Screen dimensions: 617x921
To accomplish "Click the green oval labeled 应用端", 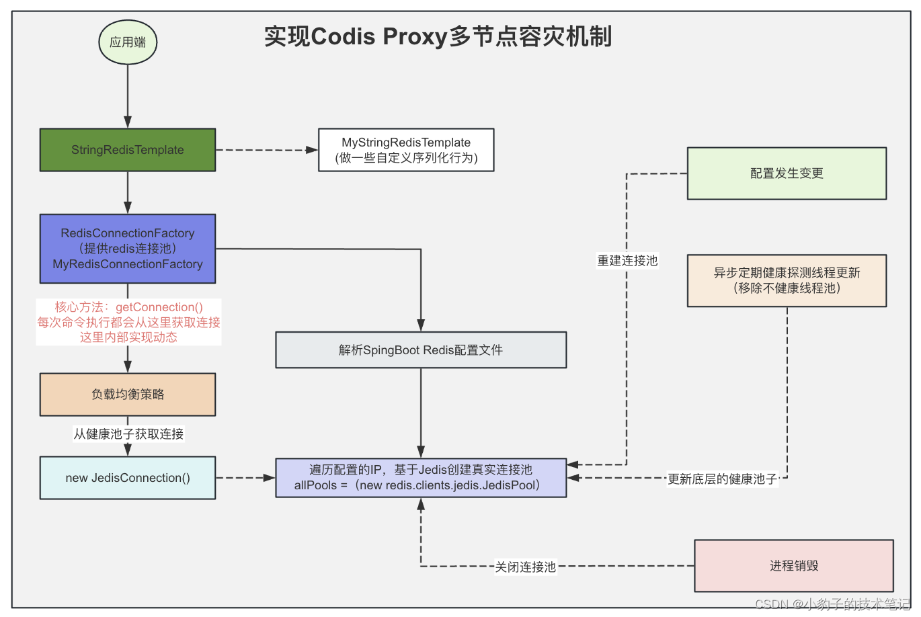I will click(x=128, y=42).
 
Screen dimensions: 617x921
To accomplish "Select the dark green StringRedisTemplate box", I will click(x=128, y=150).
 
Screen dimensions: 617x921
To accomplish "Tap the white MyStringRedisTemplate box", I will click(x=406, y=150).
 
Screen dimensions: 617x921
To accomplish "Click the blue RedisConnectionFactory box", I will click(x=128, y=249).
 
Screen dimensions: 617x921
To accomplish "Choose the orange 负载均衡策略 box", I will click(x=128, y=395).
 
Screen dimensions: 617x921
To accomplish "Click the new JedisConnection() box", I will click(x=128, y=478).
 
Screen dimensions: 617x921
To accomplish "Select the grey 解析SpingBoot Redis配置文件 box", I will click(x=421, y=349).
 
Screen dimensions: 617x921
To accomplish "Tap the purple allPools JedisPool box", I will click(x=421, y=478).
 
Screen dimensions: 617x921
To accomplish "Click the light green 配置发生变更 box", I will click(x=787, y=173).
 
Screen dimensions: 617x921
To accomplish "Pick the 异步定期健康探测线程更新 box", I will click(x=787, y=280).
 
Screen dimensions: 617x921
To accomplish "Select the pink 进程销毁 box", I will click(x=794, y=566).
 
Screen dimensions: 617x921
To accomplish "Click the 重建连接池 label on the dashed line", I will click(x=627, y=260).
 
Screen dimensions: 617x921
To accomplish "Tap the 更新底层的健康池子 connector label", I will click(x=722, y=479).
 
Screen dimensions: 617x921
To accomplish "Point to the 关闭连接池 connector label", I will click(x=525, y=567).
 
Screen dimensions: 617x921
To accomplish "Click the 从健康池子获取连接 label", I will click(x=128, y=434).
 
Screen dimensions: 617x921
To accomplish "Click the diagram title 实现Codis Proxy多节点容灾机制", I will click(x=438, y=36).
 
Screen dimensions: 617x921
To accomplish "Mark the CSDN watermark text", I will click(x=832, y=604).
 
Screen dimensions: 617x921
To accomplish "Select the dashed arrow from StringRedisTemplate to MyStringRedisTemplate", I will click(x=266, y=150).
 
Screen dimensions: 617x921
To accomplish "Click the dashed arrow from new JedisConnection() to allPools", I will click(x=245, y=478).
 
